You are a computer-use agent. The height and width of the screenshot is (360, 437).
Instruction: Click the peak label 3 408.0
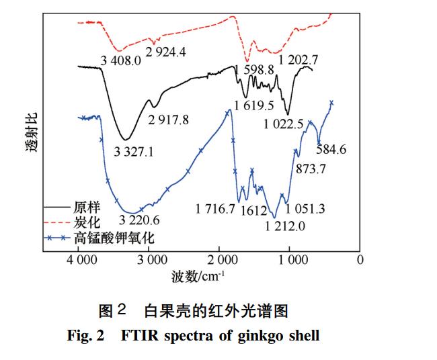121,61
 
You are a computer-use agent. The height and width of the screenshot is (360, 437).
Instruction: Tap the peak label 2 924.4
167,51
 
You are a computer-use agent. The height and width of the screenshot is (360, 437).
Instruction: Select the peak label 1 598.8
254,69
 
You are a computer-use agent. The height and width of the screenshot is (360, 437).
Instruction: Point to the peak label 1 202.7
299,60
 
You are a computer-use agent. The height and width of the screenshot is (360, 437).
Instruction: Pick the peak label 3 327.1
134,152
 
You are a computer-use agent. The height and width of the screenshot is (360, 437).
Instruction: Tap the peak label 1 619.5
254,105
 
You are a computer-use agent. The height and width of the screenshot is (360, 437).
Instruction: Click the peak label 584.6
331,149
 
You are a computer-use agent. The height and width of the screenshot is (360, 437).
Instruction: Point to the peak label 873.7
311,169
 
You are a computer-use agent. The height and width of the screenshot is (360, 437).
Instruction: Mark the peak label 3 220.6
139,219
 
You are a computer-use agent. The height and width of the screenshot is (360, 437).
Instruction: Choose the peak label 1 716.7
215,209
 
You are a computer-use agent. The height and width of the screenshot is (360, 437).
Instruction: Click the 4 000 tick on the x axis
79,259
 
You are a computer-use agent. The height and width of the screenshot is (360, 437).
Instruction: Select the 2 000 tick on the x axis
220,259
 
